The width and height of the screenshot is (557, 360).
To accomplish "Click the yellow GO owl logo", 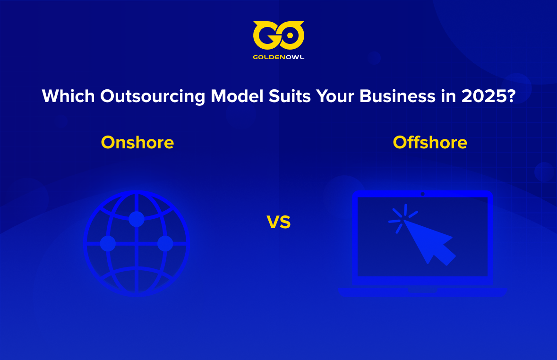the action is (x=279, y=35).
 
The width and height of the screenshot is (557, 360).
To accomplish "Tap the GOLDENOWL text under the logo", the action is (x=279, y=57).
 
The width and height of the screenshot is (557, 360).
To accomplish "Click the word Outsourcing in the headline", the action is (x=153, y=97).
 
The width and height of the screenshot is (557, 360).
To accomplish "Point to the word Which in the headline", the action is (x=68, y=96).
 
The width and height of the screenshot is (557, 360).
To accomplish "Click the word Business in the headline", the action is (x=397, y=96).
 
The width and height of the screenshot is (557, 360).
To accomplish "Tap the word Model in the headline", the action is (x=237, y=96).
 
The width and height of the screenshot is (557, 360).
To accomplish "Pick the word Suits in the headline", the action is (x=290, y=96).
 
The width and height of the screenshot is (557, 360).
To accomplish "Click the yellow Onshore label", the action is (x=137, y=143).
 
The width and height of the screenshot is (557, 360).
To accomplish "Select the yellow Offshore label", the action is (x=430, y=143).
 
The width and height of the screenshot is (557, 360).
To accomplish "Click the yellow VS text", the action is (x=279, y=222).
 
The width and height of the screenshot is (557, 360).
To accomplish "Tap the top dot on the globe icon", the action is (x=137, y=219).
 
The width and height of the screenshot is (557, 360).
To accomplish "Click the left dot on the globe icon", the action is (x=108, y=243).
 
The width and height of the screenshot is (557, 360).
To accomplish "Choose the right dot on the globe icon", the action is (x=165, y=243).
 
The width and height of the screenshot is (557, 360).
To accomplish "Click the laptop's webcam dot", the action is (x=422, y=194).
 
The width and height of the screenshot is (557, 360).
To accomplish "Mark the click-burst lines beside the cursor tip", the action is (x=403, y=218).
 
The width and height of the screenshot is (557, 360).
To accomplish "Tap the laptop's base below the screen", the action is (x=422, y=292).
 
